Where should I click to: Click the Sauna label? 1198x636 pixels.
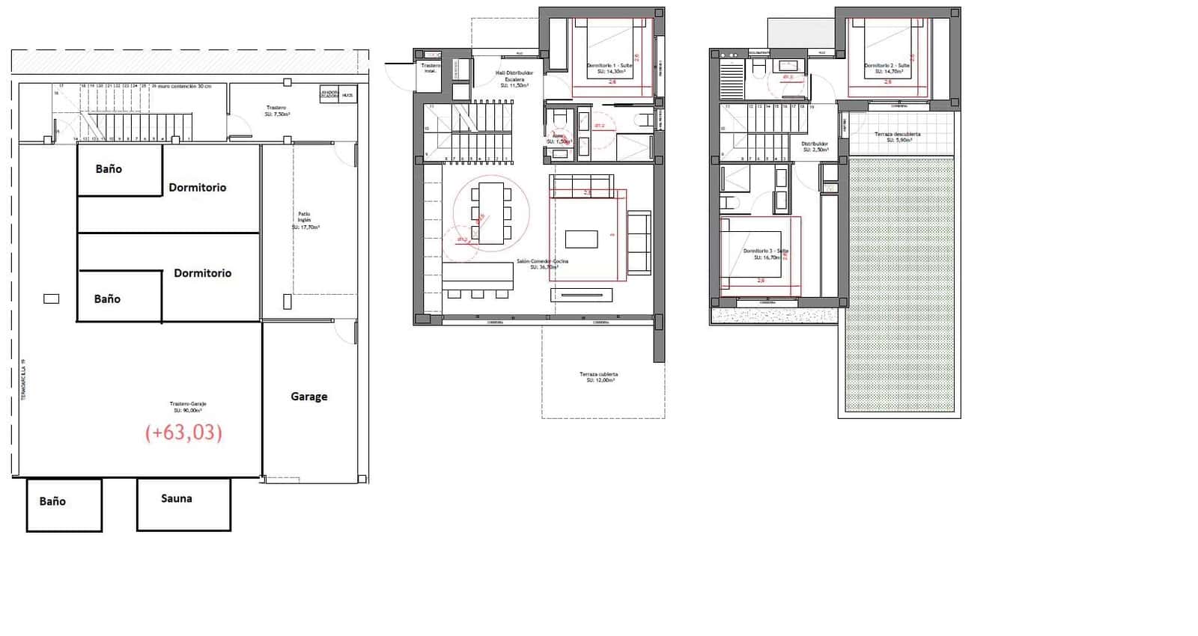177,498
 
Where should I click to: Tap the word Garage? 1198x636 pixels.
308,397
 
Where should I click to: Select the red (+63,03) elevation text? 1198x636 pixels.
183,432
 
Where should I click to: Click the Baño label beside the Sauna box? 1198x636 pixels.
52,501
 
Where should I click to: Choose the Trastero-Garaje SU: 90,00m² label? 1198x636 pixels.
188,407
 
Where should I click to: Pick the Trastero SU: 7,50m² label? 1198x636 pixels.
277,111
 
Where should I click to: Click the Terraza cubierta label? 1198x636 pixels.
598,377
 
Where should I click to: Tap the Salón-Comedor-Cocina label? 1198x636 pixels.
542,263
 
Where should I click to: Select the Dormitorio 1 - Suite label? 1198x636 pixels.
610,68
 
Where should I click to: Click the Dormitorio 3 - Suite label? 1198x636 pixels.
766,254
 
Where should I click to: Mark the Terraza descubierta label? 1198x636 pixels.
898,137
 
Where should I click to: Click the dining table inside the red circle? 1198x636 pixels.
491,213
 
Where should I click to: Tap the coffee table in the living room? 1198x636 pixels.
581,239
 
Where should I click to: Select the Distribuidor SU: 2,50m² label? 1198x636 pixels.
815,147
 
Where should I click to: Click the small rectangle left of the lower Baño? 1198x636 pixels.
51,299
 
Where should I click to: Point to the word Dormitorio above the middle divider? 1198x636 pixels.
197,188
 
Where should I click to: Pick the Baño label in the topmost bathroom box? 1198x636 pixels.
109,169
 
